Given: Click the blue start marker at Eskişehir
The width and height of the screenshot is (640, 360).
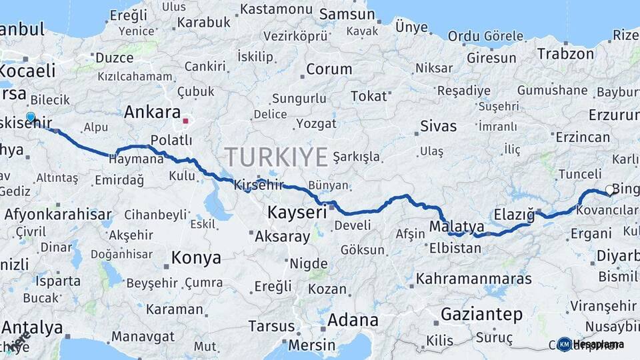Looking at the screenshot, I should (30, 118).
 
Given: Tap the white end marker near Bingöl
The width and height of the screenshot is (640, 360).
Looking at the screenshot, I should (609, 190).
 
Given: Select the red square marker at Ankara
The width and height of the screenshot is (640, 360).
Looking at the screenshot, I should (186, 122).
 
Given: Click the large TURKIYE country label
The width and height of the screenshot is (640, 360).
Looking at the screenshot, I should (276, 157).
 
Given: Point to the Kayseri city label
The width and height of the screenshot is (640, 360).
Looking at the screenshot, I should (297, 213).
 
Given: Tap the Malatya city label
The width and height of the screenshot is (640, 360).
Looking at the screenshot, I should (456, 227).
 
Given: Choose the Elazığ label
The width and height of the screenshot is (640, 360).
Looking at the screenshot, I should (515, 215).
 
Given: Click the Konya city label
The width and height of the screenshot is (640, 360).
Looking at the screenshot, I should (196, 257).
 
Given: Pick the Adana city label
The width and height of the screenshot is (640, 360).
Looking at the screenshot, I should (353, 319).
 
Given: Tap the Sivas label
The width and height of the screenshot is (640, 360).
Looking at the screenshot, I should (439, 126).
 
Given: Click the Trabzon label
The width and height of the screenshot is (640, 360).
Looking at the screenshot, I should (565, 53).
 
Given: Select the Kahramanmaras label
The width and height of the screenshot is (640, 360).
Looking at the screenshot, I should (474, 278).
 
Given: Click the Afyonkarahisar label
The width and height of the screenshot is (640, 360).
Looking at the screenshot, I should (58, 215).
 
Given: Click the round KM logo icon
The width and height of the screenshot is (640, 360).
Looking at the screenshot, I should (564, 344).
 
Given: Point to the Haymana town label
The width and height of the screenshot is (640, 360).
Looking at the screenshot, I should (136, 160).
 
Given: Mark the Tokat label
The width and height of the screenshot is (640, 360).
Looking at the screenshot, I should (369, 97).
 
